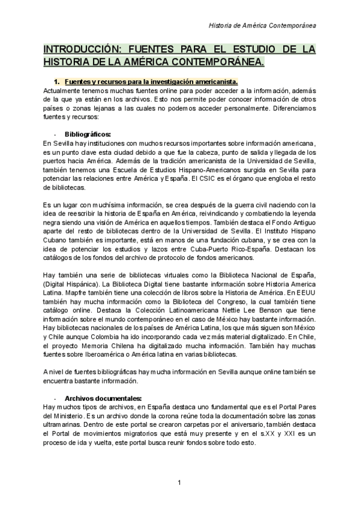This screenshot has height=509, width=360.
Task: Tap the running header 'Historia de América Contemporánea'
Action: pos(263,25)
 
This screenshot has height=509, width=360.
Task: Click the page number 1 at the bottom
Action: pos(179,483)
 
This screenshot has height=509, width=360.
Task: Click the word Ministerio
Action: pos(68,415)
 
